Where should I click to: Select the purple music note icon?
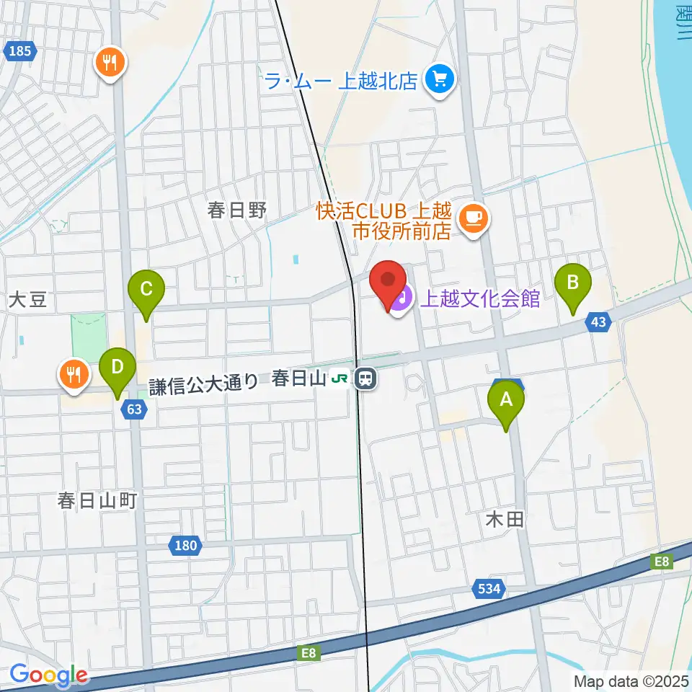tap(402, 297)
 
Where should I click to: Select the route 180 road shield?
tap(185, 546)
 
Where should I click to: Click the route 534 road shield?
tap(488, 589)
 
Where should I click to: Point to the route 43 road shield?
tap(598, 322)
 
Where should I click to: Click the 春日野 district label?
tap(237, 210)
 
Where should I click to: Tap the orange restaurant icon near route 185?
tap(110, 63)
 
